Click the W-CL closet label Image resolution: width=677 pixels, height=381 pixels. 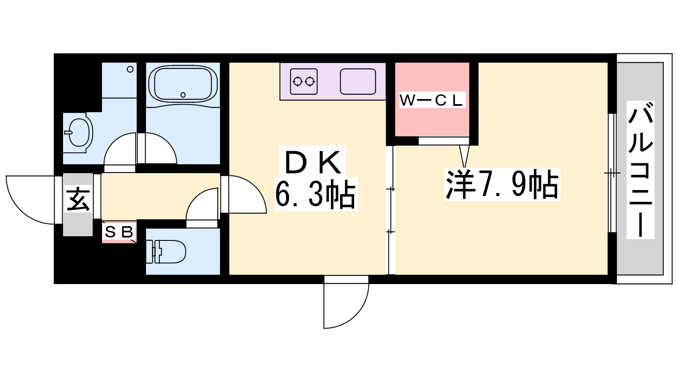[432, 100]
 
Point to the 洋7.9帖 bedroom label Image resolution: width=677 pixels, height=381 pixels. [502, 185]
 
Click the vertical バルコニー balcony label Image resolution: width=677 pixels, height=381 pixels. [641, 170]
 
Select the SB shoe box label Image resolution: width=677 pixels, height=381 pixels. [119, 232]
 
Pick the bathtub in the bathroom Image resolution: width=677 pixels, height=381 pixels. [183, 84]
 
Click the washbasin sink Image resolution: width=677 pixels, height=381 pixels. [78, 133]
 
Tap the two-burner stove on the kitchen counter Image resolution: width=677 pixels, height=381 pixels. [304, 81]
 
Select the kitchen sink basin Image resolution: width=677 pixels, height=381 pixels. [358, 81]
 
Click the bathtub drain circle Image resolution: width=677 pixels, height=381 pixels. [183, 95]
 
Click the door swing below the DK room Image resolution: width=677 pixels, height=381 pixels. [357, 315]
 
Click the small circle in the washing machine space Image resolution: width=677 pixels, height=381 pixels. [130, 69]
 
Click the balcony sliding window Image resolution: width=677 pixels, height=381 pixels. [612, 173]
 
